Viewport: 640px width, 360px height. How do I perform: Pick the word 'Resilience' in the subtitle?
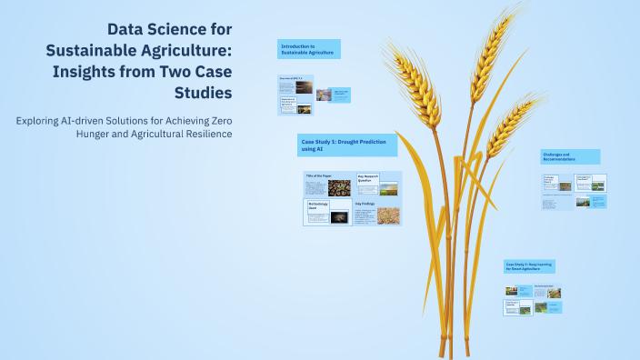click(206, 135)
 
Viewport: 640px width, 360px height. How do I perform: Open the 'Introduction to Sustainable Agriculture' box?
click(309, 49)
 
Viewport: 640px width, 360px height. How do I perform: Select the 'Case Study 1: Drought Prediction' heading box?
click(346, 145)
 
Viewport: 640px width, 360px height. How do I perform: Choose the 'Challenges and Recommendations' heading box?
click(569, 156)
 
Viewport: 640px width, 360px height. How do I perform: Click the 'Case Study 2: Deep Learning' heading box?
click(529, 265)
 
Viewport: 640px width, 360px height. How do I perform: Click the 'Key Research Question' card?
click(366, 179)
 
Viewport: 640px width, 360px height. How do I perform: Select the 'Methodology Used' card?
click(315, 208)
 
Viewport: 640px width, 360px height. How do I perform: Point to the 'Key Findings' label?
click(365, 205)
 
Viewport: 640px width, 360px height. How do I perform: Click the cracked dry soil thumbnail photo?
click(339, 188)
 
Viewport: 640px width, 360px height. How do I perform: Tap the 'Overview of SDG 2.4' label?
click(289, 79)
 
